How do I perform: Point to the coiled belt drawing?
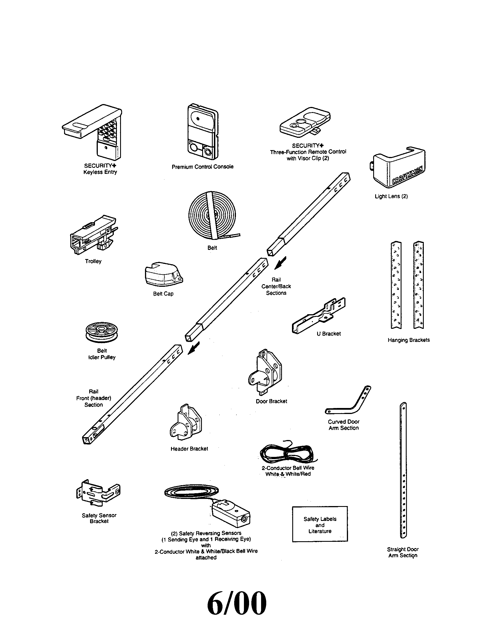[x=212, y=215]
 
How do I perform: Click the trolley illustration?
[x=93, y=234]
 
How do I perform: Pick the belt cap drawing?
[x=163, y=274]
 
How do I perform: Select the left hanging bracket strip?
[x=396, y=285]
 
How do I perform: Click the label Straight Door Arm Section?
[x=402, y=552]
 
